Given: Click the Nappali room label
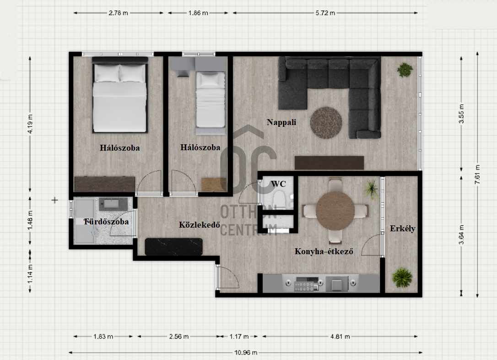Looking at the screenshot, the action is [x=281, y=122].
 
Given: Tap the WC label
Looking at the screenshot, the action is [x=278, y=184].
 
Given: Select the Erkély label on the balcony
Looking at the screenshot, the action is [x=403, y=229].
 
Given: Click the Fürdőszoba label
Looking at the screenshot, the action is [x=107, y=222].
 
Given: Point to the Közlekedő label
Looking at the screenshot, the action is [x=200, y=225].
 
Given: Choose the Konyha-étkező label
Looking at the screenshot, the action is [x=324, y=251].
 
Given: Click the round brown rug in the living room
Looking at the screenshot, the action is [x=326, y=123].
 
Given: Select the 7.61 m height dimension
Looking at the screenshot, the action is [x=477, y=174].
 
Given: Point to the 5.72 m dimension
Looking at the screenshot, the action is [x=325, y=13].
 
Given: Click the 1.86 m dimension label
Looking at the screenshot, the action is [x=198, y=13].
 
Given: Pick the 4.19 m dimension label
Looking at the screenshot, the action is [x=30, y=124].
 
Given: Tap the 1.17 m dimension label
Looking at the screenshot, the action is [x=239, y=336].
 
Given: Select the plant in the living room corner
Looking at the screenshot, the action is [x=405, y=70].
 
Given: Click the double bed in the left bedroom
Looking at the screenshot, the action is [x=120, y=95].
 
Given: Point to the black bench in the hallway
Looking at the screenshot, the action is [x=174, y=247].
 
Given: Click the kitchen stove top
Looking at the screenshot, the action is [x=307, y=284].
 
